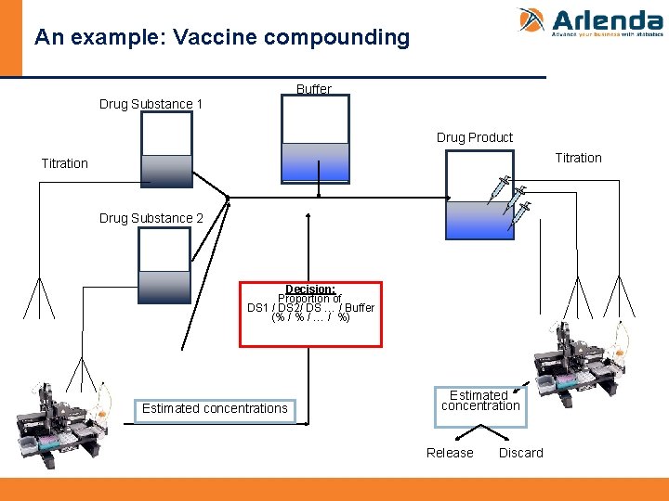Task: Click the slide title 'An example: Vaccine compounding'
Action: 221,37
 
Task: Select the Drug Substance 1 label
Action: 151,104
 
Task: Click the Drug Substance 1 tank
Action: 166,149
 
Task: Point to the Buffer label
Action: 313,89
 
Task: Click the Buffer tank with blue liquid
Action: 316,139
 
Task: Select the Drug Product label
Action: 474,137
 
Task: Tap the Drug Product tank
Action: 479,195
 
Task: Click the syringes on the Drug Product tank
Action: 510,197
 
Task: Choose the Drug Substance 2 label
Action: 151,218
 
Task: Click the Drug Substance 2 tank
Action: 164,265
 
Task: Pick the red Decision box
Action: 310,315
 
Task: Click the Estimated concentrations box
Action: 216,409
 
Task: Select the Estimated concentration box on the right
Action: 480,402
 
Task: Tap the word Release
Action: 450,453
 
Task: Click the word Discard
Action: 520,453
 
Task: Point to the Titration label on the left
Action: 64,163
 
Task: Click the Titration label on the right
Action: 578,158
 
